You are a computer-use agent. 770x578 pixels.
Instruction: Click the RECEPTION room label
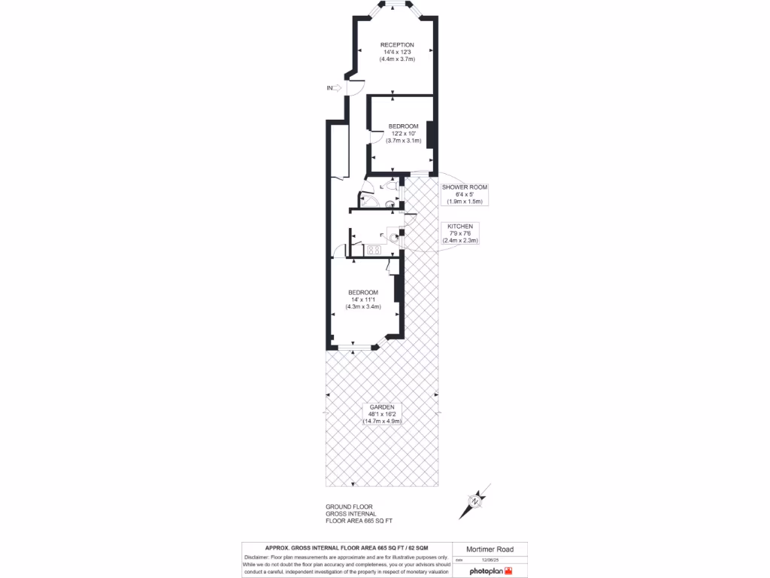[x=397, y=45]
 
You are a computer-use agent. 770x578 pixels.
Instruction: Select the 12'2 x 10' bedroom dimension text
[x=403, y=133]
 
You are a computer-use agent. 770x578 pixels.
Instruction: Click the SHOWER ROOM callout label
[x=465, y=187]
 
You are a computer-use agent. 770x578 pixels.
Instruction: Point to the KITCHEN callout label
[x=460, y=226]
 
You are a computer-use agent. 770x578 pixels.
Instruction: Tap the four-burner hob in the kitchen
[x=374, y=249]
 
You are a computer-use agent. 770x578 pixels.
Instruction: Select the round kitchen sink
[x=393, y=236]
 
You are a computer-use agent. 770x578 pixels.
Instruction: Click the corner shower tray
[x=368, y=199]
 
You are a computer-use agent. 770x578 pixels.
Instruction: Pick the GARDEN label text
[x=382, y=407]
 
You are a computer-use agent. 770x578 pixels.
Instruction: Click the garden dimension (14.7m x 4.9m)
[x=382, y=421]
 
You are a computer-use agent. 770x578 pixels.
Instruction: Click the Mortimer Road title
[x=490, y=550]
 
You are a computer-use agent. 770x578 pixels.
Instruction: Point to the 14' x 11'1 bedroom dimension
[x=362, y=300]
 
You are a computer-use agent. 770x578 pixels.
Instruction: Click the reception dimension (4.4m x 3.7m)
[x=397, y=59]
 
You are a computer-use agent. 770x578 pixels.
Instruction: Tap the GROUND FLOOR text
[x=349, y=507]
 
